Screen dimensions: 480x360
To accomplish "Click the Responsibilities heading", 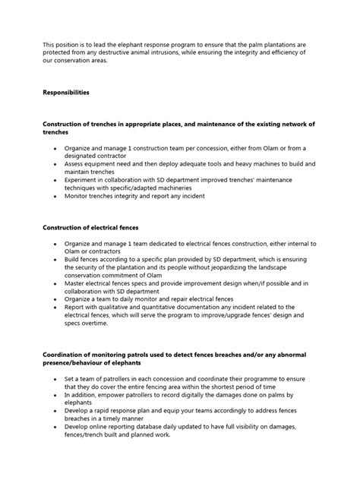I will pos(65,92).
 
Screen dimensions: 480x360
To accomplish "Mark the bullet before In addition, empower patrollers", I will pos(55,394).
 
